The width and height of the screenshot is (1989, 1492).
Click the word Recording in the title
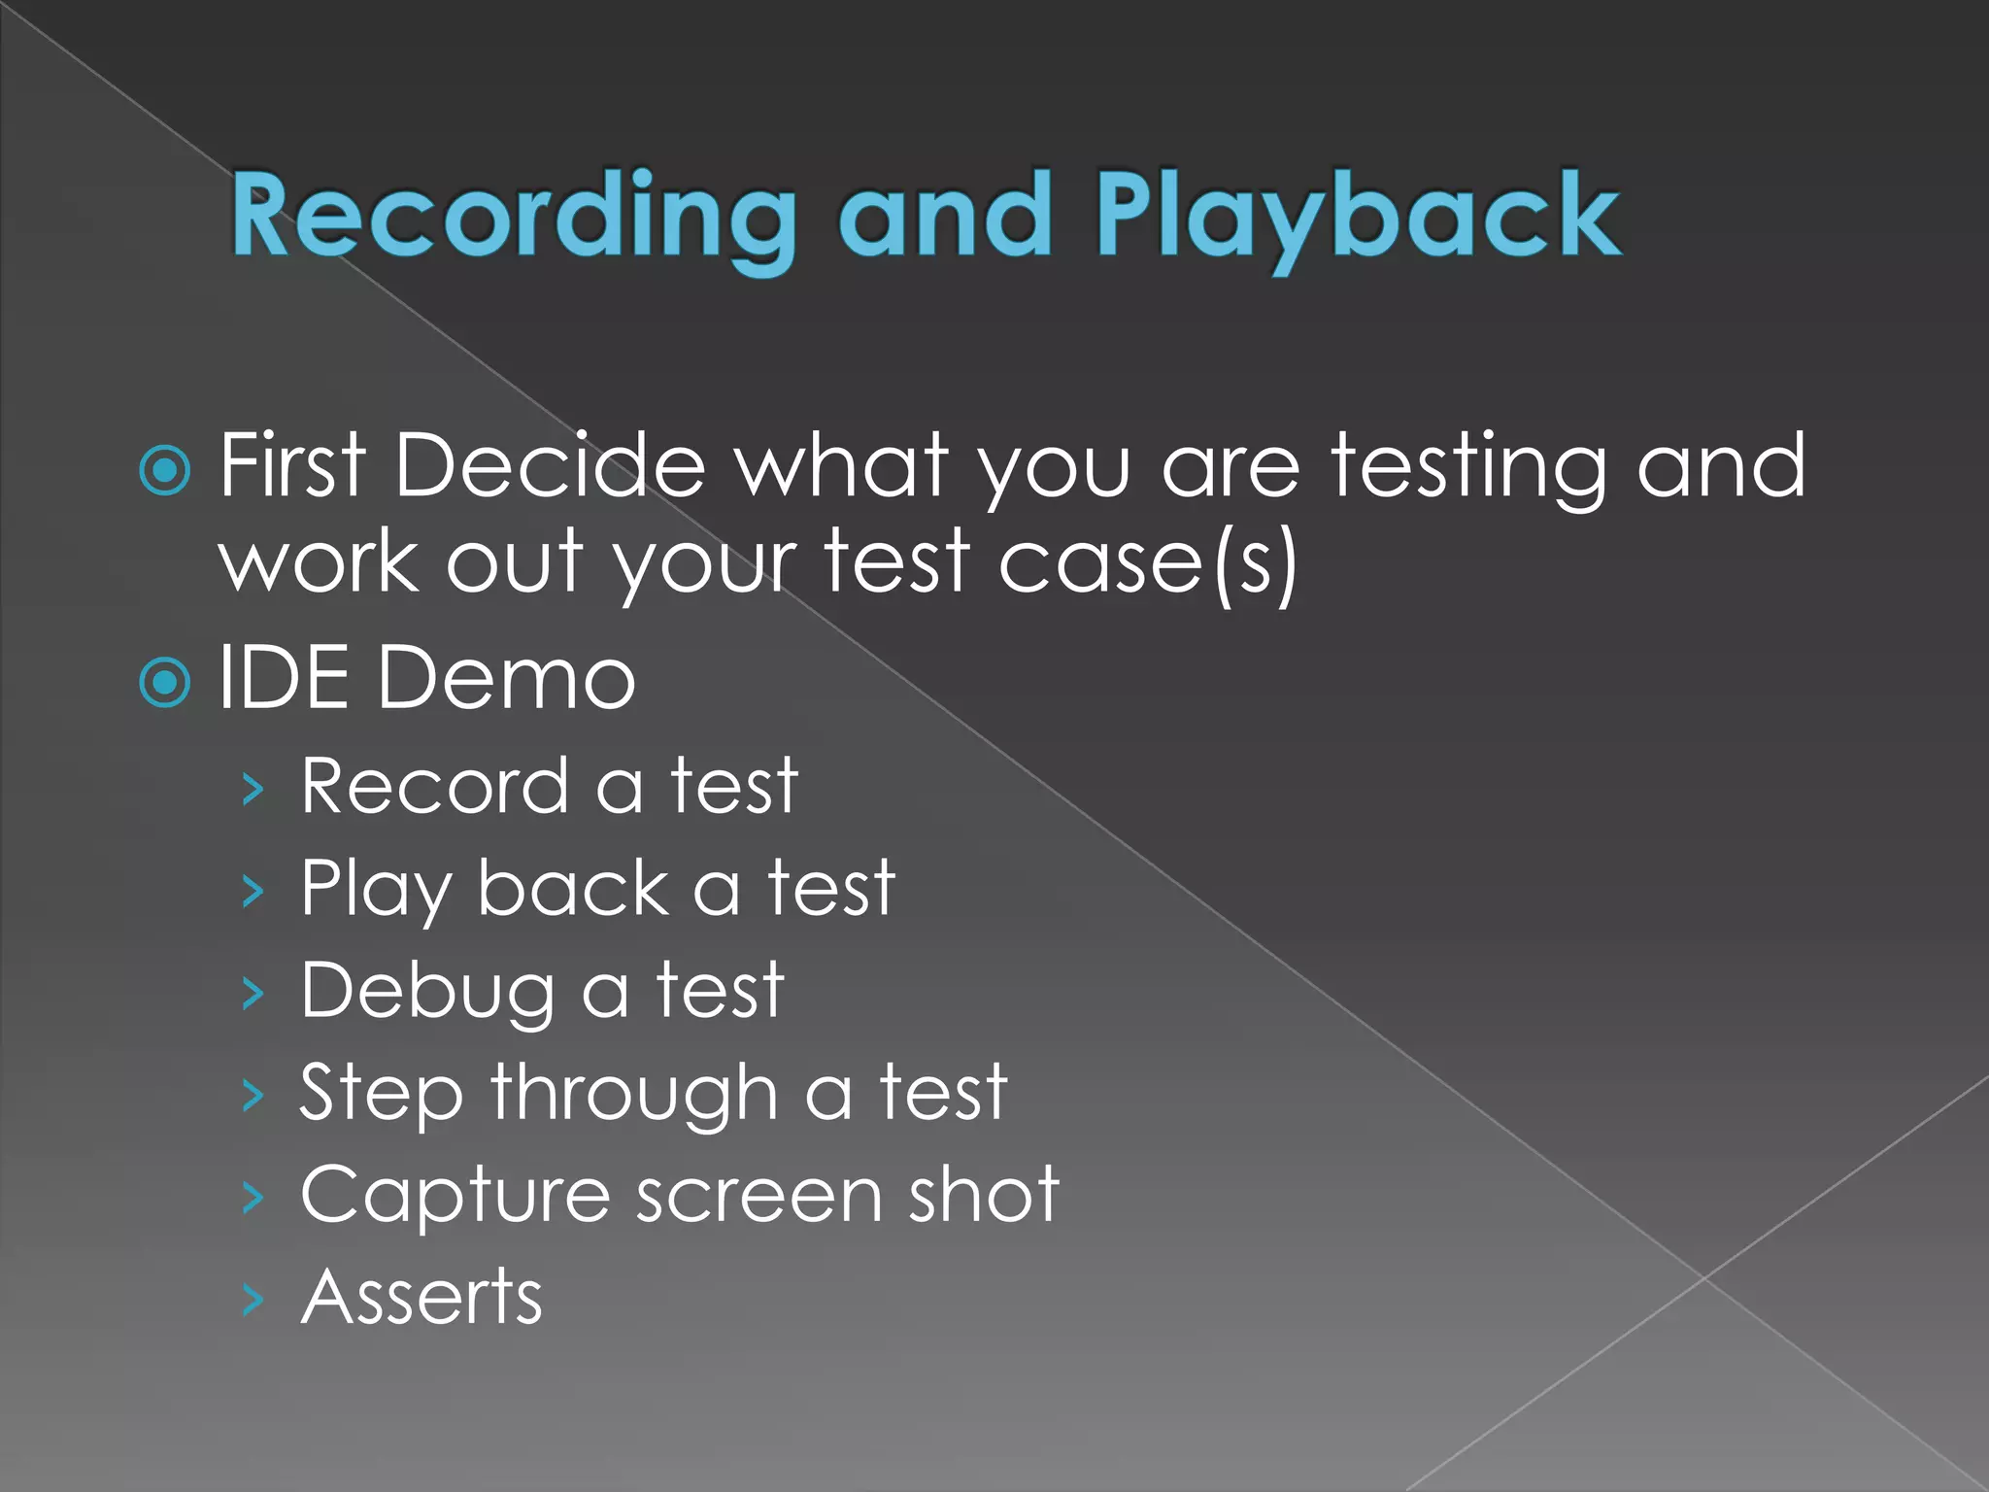(x=513, y=216)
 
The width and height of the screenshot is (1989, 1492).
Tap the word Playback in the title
(x=1358, y=216)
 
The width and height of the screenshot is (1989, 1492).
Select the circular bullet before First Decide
(x=165, y=471)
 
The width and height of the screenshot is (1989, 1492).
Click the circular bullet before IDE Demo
(x=165, y=683)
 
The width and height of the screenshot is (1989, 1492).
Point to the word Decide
(x=550, y=466)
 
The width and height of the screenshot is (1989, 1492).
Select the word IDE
(x=284, y=677)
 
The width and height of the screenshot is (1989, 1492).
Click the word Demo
(x=505, y=677)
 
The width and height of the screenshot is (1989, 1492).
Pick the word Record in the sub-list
(x=434, y=786)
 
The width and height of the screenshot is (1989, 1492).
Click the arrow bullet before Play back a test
(x=253, y=891)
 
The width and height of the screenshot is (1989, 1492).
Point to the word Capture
(x=455, y=1195)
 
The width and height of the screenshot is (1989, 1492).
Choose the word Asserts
(x=421, y=1298)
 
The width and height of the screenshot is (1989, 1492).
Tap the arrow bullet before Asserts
(x=253, y=1300)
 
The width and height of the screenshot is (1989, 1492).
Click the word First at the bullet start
(x=291, y=466)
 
